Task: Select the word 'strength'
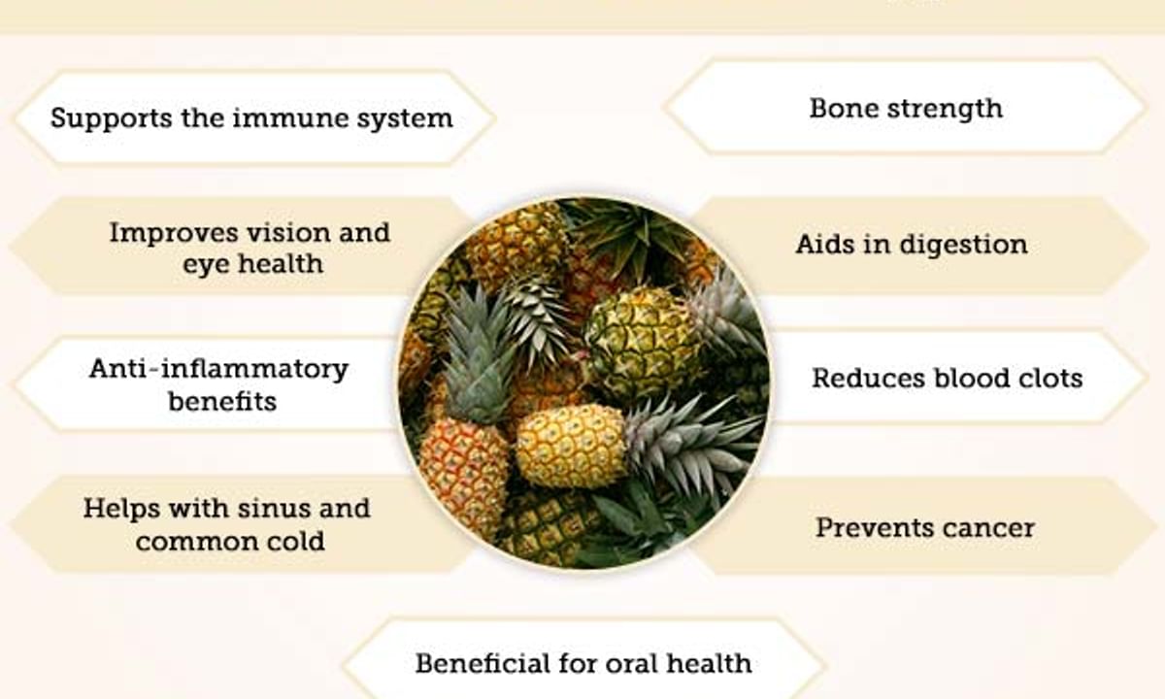pyautogui.click(x=945, y=110)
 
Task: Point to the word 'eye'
pyautogui.click(x=203, y=265)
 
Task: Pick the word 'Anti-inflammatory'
pyautogui.click(x=218, y=369)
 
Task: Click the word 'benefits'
pyautogui.click(x=222, y=402)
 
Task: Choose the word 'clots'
pyautogui.click(x=1047, y=378)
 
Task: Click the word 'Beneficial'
pyautogui.click(x=483, y=664)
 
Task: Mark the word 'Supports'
pyautogui.click(x=112, y=119)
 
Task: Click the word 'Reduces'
pyautogui.click(x=869, y=378)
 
